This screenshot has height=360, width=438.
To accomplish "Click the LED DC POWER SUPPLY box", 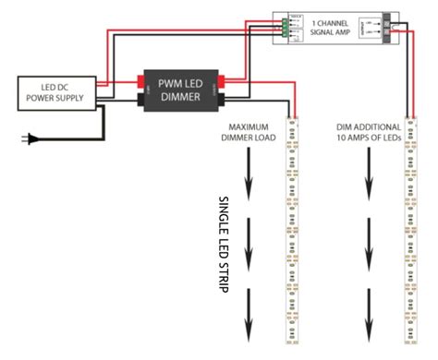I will click(x=55, y=91).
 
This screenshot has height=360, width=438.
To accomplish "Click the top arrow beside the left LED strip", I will click(x=249, y=184).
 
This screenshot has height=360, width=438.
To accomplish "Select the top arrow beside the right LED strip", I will click(x=369, y=184).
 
